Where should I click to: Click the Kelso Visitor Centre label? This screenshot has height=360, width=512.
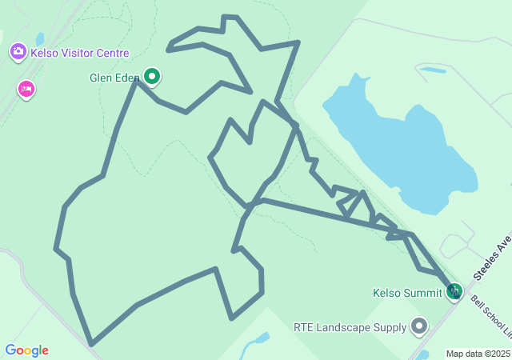(x=79, y=53)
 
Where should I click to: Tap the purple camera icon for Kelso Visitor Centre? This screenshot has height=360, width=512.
(x=18, y=52)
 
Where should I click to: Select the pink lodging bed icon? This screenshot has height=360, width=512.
(x=26, y=88)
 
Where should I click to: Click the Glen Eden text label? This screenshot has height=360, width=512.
(x=114, y=78)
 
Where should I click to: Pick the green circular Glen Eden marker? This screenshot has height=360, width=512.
(x=152, y=77)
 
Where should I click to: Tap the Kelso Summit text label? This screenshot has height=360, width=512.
(x=407, y=293)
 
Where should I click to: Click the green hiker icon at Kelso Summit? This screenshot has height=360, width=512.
(x=454, y=291)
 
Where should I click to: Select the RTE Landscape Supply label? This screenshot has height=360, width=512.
(x=350, y=326)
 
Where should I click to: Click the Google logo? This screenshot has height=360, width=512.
(x=26, y=350)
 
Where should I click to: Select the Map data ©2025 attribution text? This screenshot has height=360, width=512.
(x=477, y=354)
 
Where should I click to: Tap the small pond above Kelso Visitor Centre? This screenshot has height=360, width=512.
(x=39, y=38)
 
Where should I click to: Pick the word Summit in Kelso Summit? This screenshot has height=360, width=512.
(x=423, y=293)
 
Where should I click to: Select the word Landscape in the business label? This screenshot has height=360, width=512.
(x=349, y=326)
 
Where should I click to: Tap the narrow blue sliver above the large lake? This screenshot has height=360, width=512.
(x=433, y=70)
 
